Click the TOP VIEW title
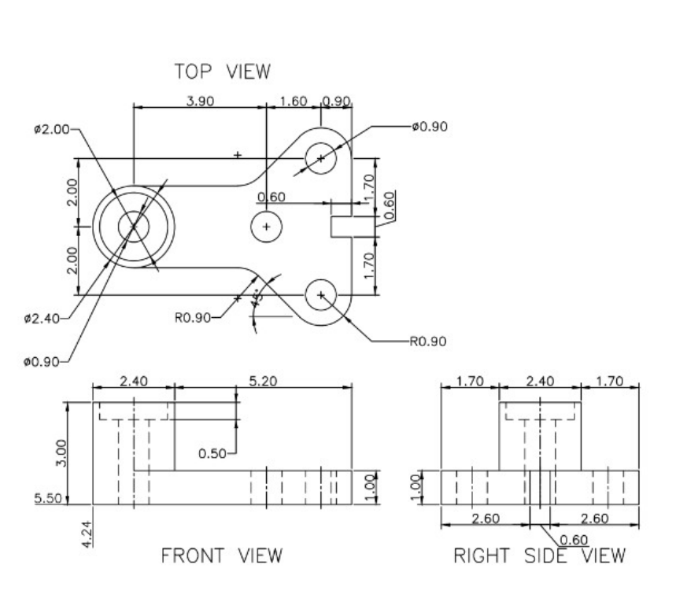pos(222,72)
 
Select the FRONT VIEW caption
pos(221,556)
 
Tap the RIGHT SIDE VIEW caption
pos(540,556)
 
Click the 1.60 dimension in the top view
pos(294,102)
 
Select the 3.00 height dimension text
pos(73,452)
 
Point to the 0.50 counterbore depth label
pos(213,453)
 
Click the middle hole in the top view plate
pos(267,227)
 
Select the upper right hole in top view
pos(321,158)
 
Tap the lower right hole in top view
pos(321,294)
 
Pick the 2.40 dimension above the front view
pos(131,382)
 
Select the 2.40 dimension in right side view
pos(540,382)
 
